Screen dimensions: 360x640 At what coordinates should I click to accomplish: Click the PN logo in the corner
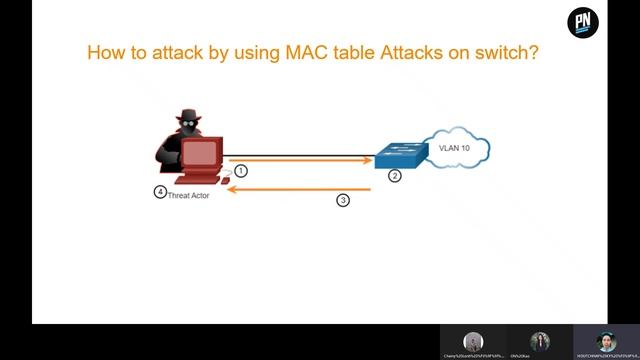tap(583, 22)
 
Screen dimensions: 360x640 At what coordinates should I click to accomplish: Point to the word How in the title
tap(107, 52)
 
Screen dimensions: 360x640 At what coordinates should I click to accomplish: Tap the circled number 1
tap(241, 171)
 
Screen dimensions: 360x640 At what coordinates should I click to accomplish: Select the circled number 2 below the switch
tap(395, 176)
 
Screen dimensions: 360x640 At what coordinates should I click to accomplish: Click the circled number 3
tap(343, 200)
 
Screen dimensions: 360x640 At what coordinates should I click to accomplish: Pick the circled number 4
tap(160, 192)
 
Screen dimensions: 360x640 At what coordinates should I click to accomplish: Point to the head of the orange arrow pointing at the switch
tap(368, 160)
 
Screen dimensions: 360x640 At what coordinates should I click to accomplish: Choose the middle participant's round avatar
tap(541, 340)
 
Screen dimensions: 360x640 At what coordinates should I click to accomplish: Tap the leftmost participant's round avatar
tap(473, 340)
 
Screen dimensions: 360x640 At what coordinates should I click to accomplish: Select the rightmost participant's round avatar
tap(607, 340)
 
